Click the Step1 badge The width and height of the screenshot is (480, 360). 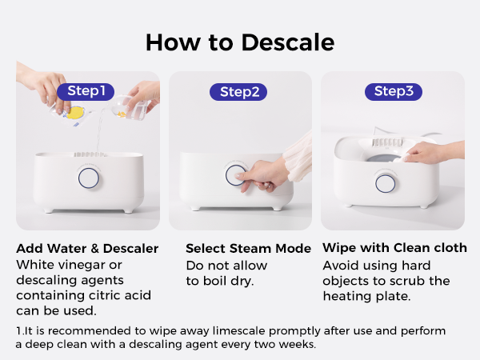click(x=86, y=91)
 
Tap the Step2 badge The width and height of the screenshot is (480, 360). click(x=238, y=92)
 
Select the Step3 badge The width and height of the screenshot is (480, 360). click(x=394, y=91)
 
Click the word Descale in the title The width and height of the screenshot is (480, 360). click(x=288, y=42)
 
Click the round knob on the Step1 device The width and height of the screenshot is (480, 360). click(x=89, y=178)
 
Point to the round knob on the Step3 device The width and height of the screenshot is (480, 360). click(x=385, y=183)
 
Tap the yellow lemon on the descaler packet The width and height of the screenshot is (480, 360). click(x=75, y=113)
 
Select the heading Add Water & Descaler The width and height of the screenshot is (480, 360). click(x=87, y=248)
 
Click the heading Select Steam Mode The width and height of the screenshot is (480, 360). click(x=248, y=248)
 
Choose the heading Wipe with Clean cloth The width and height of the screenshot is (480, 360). click(x=394, y=248)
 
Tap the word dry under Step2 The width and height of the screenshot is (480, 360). click(x=242, y=281)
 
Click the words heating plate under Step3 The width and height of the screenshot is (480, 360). click(x=366, y=296)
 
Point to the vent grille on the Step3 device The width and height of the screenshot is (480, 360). click(x=387, y=142)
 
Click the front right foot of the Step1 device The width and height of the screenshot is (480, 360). click(x=128, y=210)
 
